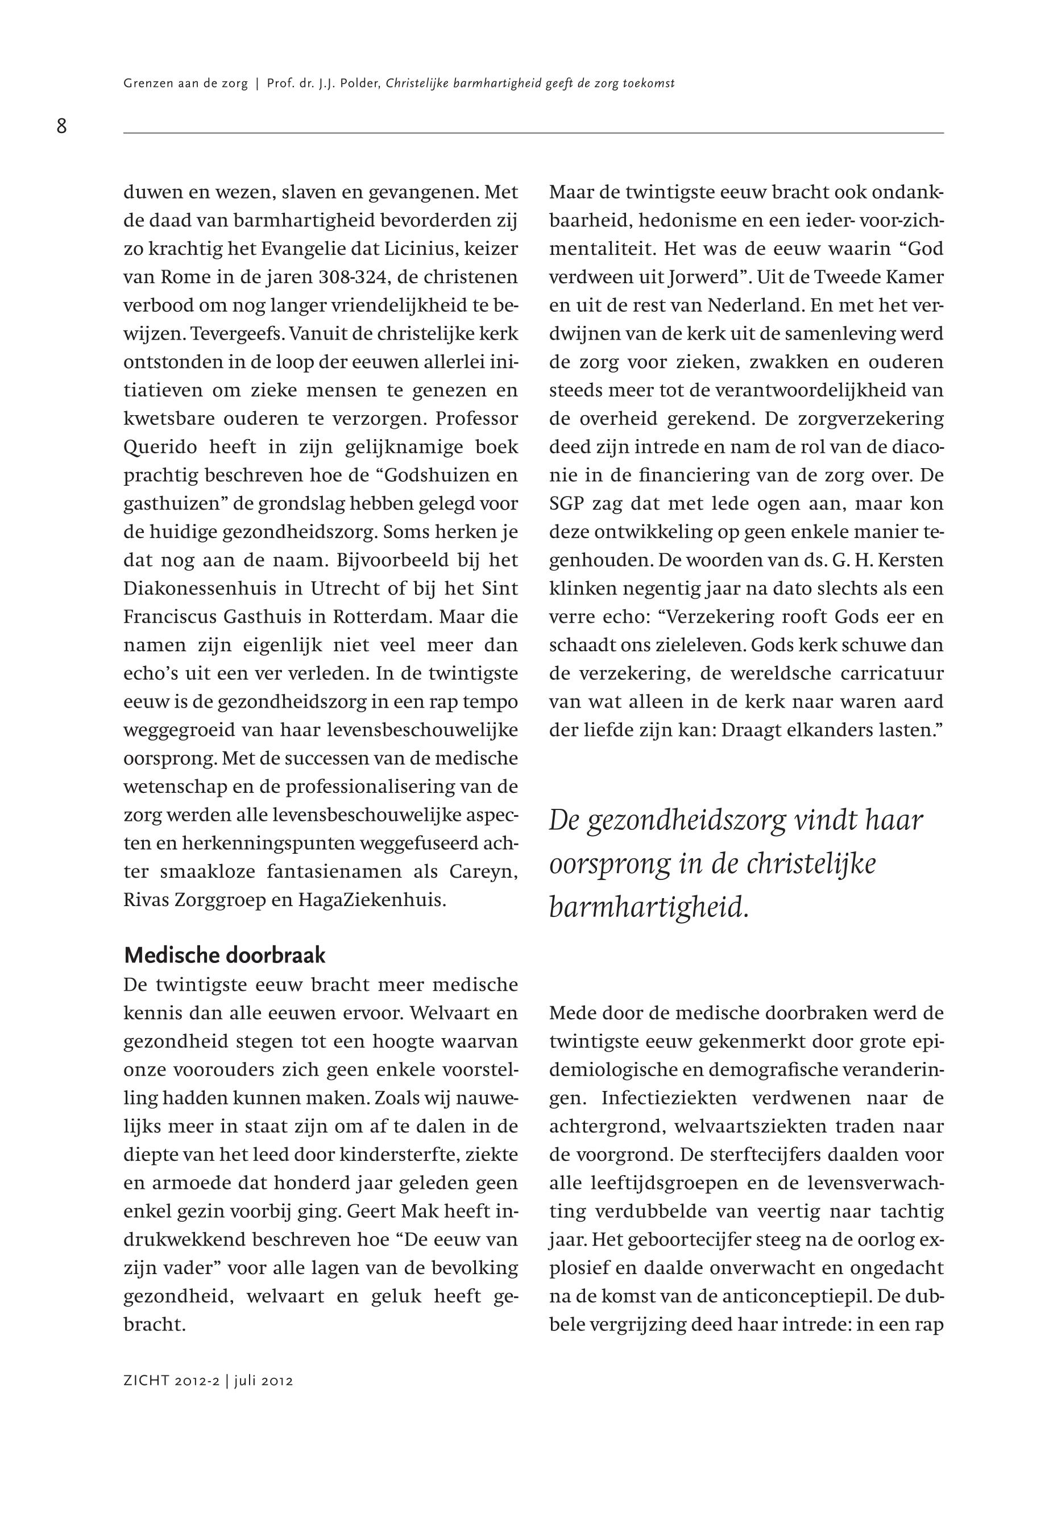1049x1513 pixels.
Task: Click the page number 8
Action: (62, 126)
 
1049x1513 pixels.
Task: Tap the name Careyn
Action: (483, 872)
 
